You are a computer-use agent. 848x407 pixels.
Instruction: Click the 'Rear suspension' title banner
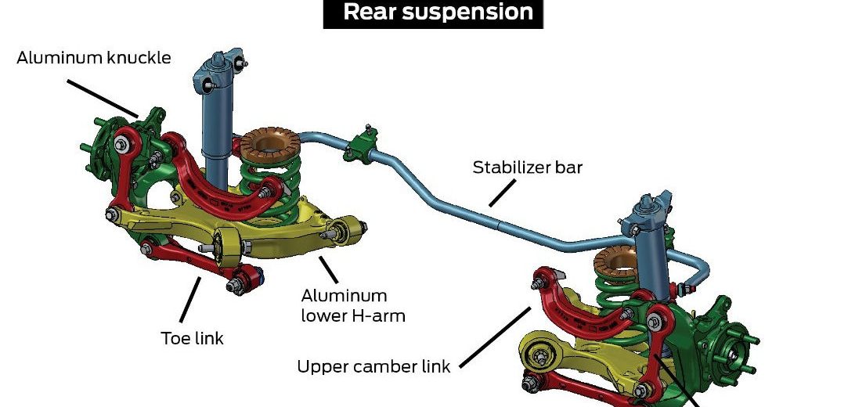click(x=433, y=13)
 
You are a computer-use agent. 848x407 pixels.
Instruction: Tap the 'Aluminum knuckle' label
click(x=93, y=58)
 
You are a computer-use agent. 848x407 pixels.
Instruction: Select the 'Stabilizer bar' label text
click(x=527, y=167)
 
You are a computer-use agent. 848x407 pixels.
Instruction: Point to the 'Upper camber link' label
click(x=373, y=366)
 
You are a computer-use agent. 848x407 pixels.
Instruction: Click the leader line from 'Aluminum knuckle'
click(x=102, y=97)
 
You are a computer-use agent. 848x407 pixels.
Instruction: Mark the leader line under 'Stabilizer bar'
click(x=503, y=193)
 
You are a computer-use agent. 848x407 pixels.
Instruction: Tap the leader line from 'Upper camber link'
click(x=493, y=335)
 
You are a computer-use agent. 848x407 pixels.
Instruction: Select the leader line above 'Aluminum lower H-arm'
click(x=327, y=269)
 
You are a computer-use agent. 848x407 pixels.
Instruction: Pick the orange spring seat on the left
click(x=266, y=144)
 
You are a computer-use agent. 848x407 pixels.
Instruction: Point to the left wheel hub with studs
click(x=96, y=146)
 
